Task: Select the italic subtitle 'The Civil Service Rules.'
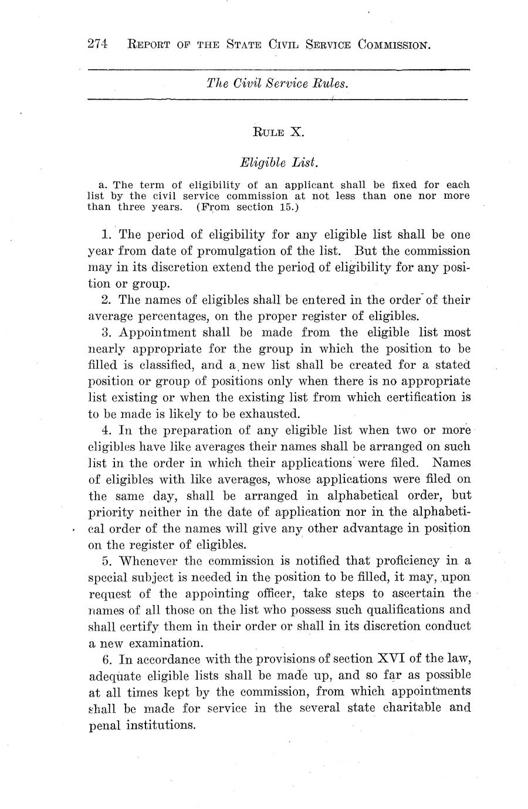click(278, 83)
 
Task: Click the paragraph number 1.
click(105, 235)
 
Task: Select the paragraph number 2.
click(106, 300)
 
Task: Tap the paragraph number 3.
click(106, 333)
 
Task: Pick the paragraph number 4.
click(106, 430)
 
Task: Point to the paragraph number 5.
click(106, 561)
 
